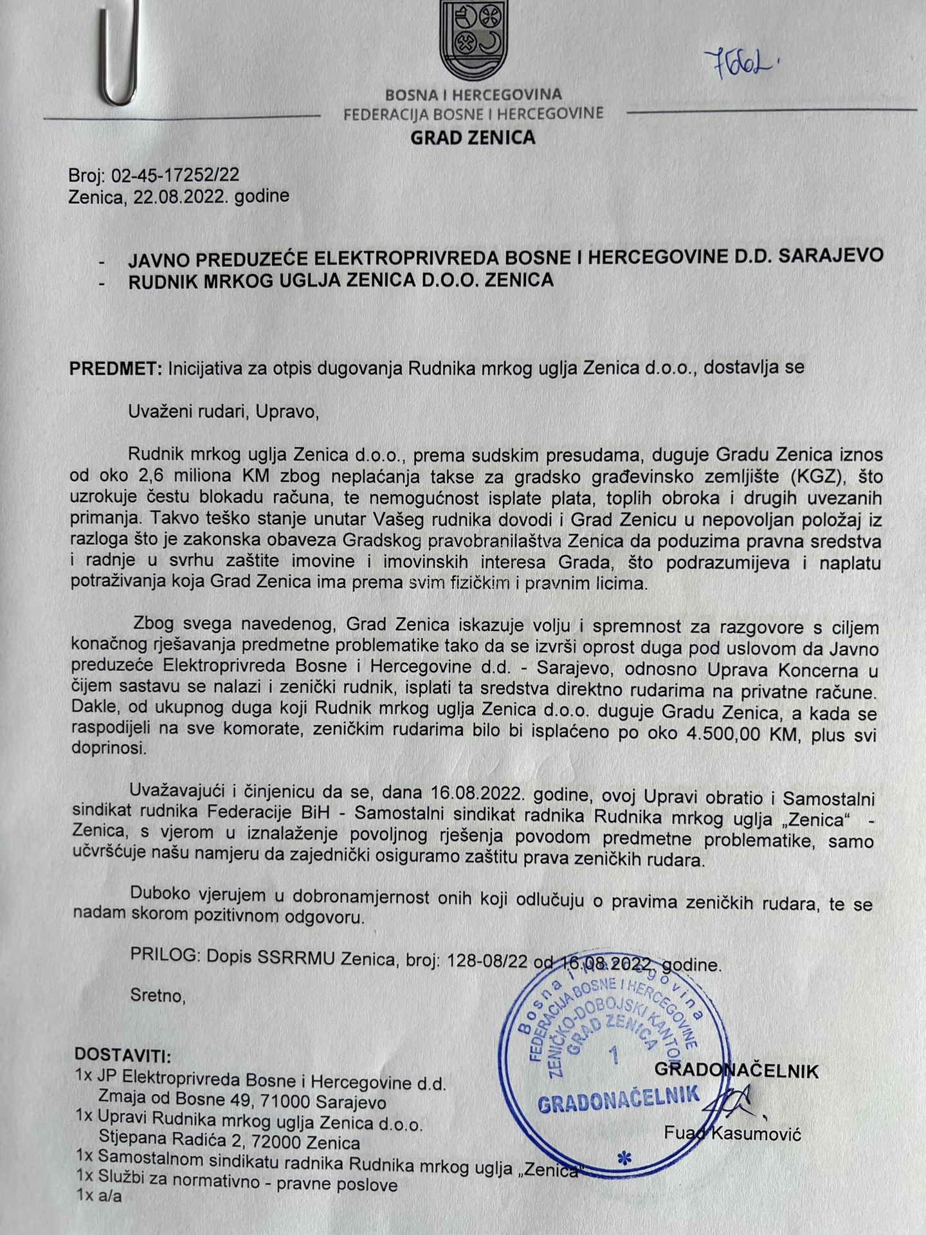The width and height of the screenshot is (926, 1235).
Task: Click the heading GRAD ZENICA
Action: [473, 137]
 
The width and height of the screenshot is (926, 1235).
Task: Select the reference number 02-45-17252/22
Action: [175, 175]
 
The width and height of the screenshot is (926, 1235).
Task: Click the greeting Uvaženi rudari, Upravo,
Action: [223, 411]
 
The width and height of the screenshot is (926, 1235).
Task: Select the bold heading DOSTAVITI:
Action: [123, 1055]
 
